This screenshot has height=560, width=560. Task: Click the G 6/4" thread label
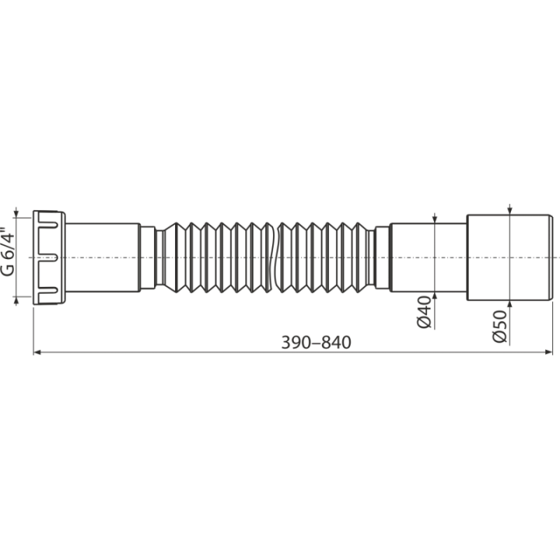[x=8, y=251]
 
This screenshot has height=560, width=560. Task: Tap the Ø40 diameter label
[x=425, y=312]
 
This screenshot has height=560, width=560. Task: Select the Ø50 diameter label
[x=499, y=327]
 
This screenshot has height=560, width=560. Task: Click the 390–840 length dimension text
[x=316, y=342]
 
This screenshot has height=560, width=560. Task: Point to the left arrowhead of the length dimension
[x=37, y=352]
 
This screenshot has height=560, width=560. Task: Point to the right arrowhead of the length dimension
[x=548, y=352]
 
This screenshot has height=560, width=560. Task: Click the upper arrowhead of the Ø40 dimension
[x=435, y=219]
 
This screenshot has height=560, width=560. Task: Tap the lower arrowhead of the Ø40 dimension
[x=435, y=296]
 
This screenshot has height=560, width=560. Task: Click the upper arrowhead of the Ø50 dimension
[x=510, y=211]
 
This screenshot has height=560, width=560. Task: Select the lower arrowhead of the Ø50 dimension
[x=510, y=305]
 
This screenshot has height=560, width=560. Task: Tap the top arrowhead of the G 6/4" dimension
[x=16, y=214]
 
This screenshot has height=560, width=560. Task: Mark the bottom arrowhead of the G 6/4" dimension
[x=16, y=300]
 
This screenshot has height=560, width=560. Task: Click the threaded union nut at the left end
[x=49, y=257]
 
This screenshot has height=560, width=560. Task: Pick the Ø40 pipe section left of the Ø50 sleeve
[x=429, y=257]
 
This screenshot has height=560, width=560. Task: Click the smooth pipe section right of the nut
[x=103, y=257]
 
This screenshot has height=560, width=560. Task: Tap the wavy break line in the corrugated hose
[x=275, y=257]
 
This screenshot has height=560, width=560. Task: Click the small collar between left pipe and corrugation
[x=148, y=257]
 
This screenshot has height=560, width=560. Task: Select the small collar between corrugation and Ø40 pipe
[x=382, y=257]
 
